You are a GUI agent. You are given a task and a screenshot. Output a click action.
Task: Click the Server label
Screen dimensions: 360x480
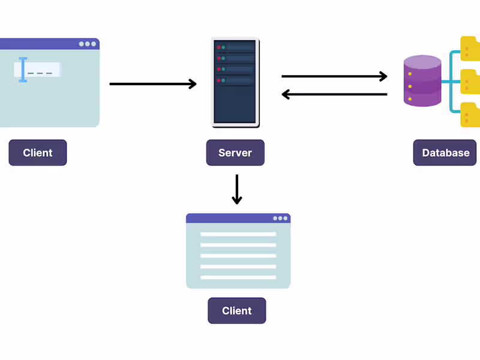pyautogui.click(x=235, y=153)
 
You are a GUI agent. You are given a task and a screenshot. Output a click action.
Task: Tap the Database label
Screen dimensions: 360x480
pyautogui.click(x=445, y=153)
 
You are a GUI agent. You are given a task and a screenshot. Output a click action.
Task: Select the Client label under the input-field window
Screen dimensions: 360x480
pyautogui.click(x=37, y=153)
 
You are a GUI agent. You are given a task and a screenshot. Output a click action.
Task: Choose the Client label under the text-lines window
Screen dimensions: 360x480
pyautogui.click(x=236, y=311)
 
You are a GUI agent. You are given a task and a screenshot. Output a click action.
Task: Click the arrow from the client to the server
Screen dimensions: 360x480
pyautogui.click(x=153, y=84)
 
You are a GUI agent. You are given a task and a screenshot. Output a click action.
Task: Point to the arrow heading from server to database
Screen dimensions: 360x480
pyautogui.click(x=334, y=76)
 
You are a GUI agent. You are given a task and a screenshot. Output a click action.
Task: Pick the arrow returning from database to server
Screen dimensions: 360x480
pyautogui.click(x=334, y=94)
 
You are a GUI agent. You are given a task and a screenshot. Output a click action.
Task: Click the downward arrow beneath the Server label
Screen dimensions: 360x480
pyautogui.click(x=237, y=189)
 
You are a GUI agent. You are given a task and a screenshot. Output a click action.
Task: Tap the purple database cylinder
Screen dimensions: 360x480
pyautogui.click(x=422, y=81)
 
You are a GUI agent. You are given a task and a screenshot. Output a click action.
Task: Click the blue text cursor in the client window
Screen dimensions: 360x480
pyautogui.click(x=23, y=70)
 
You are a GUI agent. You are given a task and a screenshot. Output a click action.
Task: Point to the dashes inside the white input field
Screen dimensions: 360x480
pyautogui.click(x=40, y=73)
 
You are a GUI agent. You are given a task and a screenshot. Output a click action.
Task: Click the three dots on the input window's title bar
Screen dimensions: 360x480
pyautogui.click(x=88, y=44)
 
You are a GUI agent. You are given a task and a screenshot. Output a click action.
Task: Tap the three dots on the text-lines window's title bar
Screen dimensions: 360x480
pyautogui.click(x=280, y=218)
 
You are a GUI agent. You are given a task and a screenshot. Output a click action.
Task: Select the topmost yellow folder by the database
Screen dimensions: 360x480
pyautogui.click(x=470, y=49)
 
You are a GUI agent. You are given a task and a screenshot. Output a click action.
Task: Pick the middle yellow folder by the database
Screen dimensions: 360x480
pyautogui.click(x=470, y=82)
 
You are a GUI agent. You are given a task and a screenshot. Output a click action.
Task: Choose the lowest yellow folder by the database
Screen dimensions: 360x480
pyautogui.click(x=470, y=115)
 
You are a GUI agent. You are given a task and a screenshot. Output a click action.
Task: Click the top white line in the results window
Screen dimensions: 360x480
pyautogui.click(x=238, y=234)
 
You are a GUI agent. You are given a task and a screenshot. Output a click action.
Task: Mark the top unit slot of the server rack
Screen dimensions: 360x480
pyautogui.click(x=235, y=47)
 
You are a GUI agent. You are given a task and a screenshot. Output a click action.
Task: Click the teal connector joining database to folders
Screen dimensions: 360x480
pyautogui.click(x=451, y=82)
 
